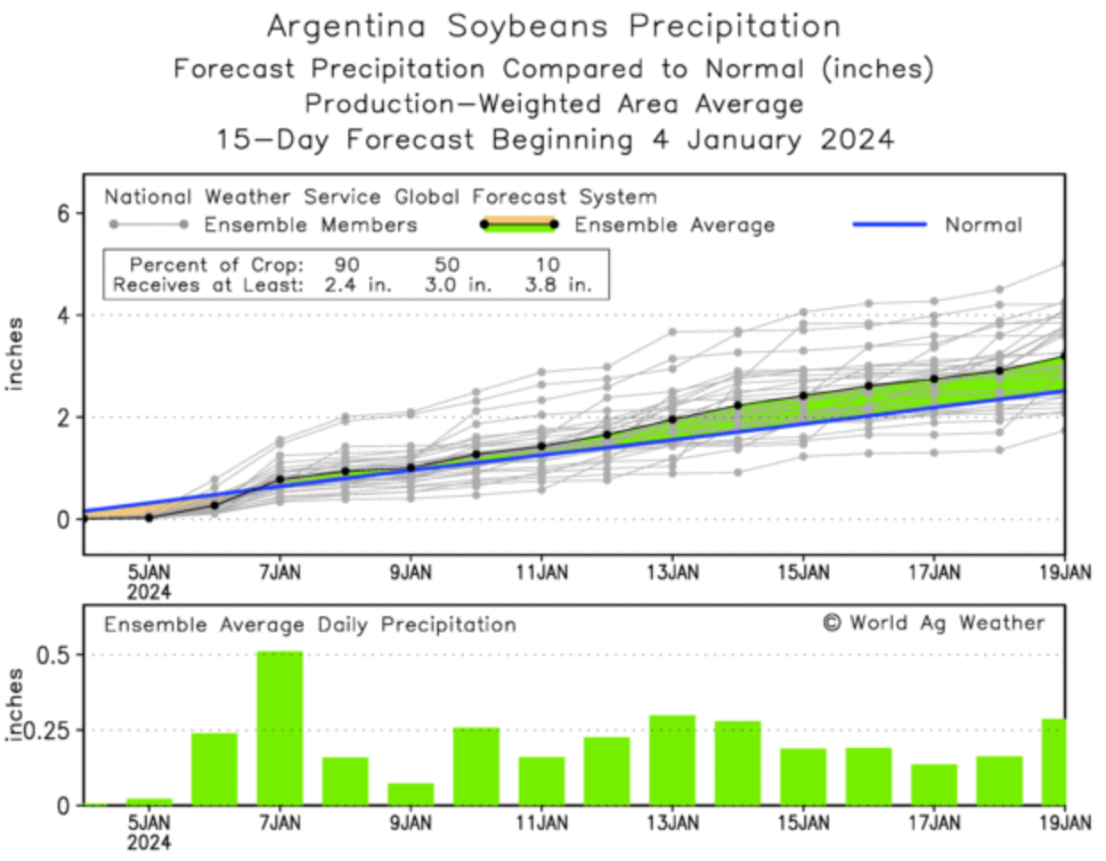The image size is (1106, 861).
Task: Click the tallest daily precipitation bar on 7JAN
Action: click(280, 728)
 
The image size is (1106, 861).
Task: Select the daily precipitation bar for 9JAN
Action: click(411, 794)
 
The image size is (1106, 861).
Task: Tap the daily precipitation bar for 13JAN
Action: click(672, 760)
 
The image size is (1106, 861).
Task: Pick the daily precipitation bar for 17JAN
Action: click(934, 784)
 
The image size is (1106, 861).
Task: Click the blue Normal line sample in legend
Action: click(890, 224)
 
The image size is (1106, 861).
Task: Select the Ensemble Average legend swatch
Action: click(517, 224)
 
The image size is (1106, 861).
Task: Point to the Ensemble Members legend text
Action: click(311, 224)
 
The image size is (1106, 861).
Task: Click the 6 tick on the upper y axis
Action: click(63, 214)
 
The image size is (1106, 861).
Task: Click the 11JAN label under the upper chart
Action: click(541, 573)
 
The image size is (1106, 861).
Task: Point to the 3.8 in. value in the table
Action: click(557, 286)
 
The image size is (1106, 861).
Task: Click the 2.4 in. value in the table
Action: click(356, 286)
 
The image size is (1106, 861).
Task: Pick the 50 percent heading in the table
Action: click(446, 264)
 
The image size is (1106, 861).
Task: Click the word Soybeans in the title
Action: click(527, 27)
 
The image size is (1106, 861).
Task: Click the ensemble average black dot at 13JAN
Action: click(672, 419)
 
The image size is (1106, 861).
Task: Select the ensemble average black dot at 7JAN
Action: click(280, 480)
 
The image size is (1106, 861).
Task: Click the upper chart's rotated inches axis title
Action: click(15, 353)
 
